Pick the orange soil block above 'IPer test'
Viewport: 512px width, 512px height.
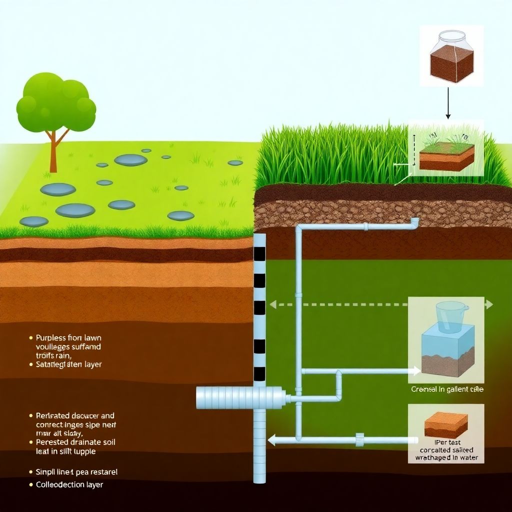(x=446, y=424)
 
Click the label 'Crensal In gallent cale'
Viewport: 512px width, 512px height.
(x=447, y=389)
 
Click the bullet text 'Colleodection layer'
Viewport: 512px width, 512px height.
(x=69, y=484)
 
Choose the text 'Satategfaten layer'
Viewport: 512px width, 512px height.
(x=69, y=364)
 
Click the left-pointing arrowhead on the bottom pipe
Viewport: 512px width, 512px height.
(x=272, y=440)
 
